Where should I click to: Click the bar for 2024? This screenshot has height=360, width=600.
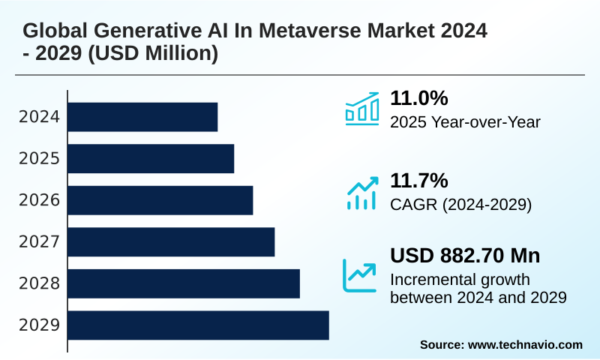pos(143,117)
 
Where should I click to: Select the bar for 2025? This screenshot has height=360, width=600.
pos(151,158)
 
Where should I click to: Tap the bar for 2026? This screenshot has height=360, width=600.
pos(160,200)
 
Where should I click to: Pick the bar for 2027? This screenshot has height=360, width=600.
pos(172,241)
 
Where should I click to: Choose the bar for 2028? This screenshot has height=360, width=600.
pos(184,283)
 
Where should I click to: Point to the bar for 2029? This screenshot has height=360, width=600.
pos(199,325)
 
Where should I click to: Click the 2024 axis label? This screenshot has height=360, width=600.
pos(39,117)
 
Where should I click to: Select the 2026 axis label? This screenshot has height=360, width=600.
pos(39,200)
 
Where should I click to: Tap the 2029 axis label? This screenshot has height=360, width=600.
pos(39,325)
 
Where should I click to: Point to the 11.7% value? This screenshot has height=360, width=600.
pos(418,180)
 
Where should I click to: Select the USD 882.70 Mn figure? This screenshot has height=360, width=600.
pos(465,256)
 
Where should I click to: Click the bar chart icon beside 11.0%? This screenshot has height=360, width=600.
pos(361,109)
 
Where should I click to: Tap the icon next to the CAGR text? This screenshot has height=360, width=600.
pos(361,193)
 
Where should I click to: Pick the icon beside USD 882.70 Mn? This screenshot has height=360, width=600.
pos(360,275)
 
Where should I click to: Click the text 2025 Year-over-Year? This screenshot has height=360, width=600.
pos(465,122)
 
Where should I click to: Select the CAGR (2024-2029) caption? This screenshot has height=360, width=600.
pos(460,204)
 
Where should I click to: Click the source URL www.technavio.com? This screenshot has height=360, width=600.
pos(525,344)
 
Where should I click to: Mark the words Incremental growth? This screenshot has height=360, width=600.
pos(460,280)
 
